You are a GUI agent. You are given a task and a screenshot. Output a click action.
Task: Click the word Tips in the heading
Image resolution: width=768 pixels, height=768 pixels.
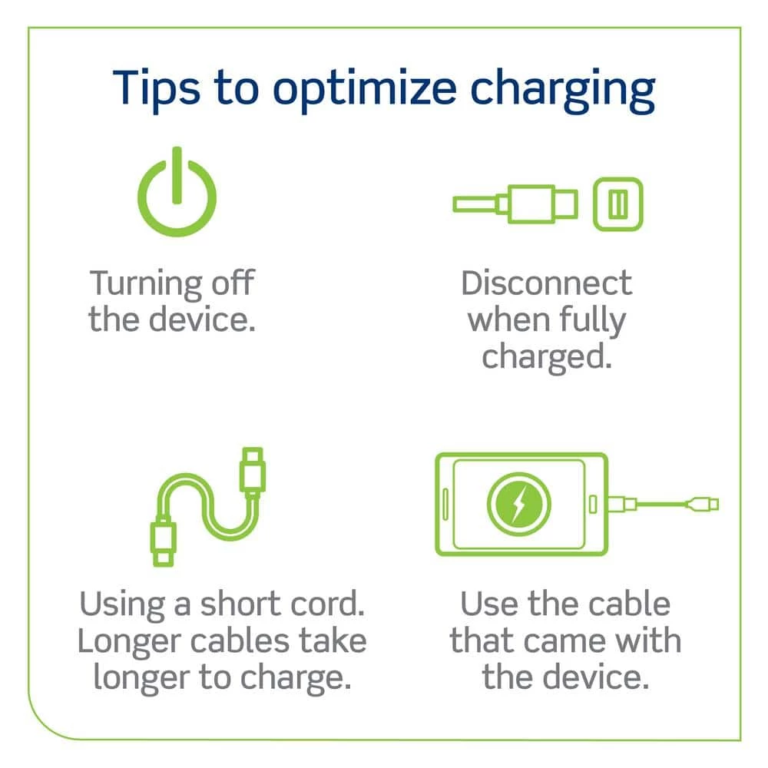tap(156, 90)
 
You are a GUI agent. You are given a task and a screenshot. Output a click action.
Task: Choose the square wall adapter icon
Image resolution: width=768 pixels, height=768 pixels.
tap(617, 204)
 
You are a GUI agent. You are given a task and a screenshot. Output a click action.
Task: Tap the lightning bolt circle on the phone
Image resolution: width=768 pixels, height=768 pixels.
tap(518, 505)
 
